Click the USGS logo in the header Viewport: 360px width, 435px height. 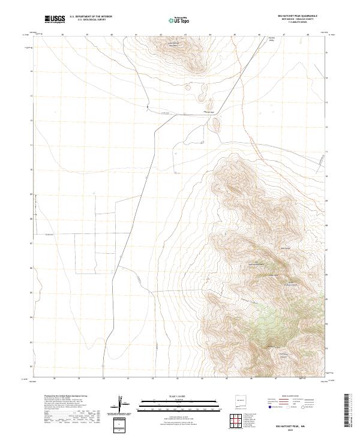(x=55, y=19)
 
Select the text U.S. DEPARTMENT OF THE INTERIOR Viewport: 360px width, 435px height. (x=91, y=17)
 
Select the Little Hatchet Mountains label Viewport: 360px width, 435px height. (x=173, y=43)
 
